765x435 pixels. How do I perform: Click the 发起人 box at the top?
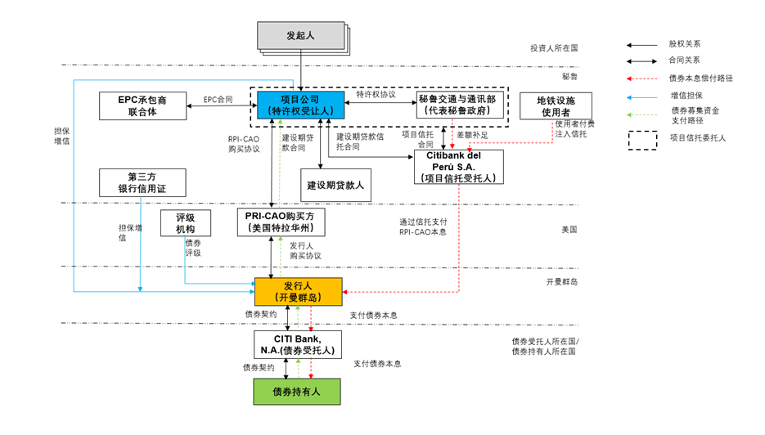(300, 36)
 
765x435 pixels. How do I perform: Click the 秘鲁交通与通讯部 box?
(455, 105)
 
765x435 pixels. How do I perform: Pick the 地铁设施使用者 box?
(556, 105)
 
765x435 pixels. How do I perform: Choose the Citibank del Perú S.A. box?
(459, 167)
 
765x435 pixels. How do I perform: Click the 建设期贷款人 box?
(335, 185)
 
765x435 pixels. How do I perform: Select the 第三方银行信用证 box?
(142, 182)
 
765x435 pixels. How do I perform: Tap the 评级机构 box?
(185, 222)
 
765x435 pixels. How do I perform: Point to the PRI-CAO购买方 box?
(281, 222)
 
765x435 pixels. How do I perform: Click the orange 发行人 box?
(298, 291)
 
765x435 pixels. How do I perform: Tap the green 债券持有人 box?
(296, 392)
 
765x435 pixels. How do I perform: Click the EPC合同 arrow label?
(218, 99)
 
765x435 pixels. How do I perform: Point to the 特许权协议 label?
(376, 94)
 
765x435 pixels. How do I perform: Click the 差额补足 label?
(472, 134)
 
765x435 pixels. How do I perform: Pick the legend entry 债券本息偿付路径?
(700, 78)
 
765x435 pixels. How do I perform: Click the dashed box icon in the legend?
(642, 138)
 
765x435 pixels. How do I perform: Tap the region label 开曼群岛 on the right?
(562, 281)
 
